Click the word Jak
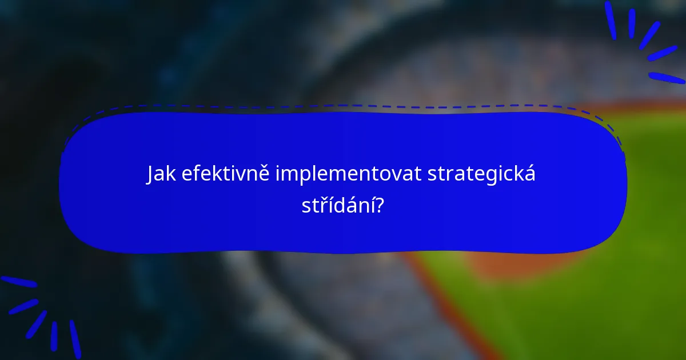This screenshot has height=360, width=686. pyautogui.click(x=161, y=175)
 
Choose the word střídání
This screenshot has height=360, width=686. pyautogui.click(x=337, y=206)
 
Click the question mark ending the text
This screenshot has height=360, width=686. pyautogui.click(x=378, y=206)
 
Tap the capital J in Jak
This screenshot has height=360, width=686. pyautogui.click(x=150, y=175)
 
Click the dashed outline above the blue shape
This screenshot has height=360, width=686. pyautogui.click(x=343, y=106)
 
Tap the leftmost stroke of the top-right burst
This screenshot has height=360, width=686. pyautogui.click(x=610, y=20)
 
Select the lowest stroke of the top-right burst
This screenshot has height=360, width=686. pyautogui.click(x=667, y=78)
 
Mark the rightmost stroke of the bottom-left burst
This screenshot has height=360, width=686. pyautogui.click(x=75, y=339)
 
